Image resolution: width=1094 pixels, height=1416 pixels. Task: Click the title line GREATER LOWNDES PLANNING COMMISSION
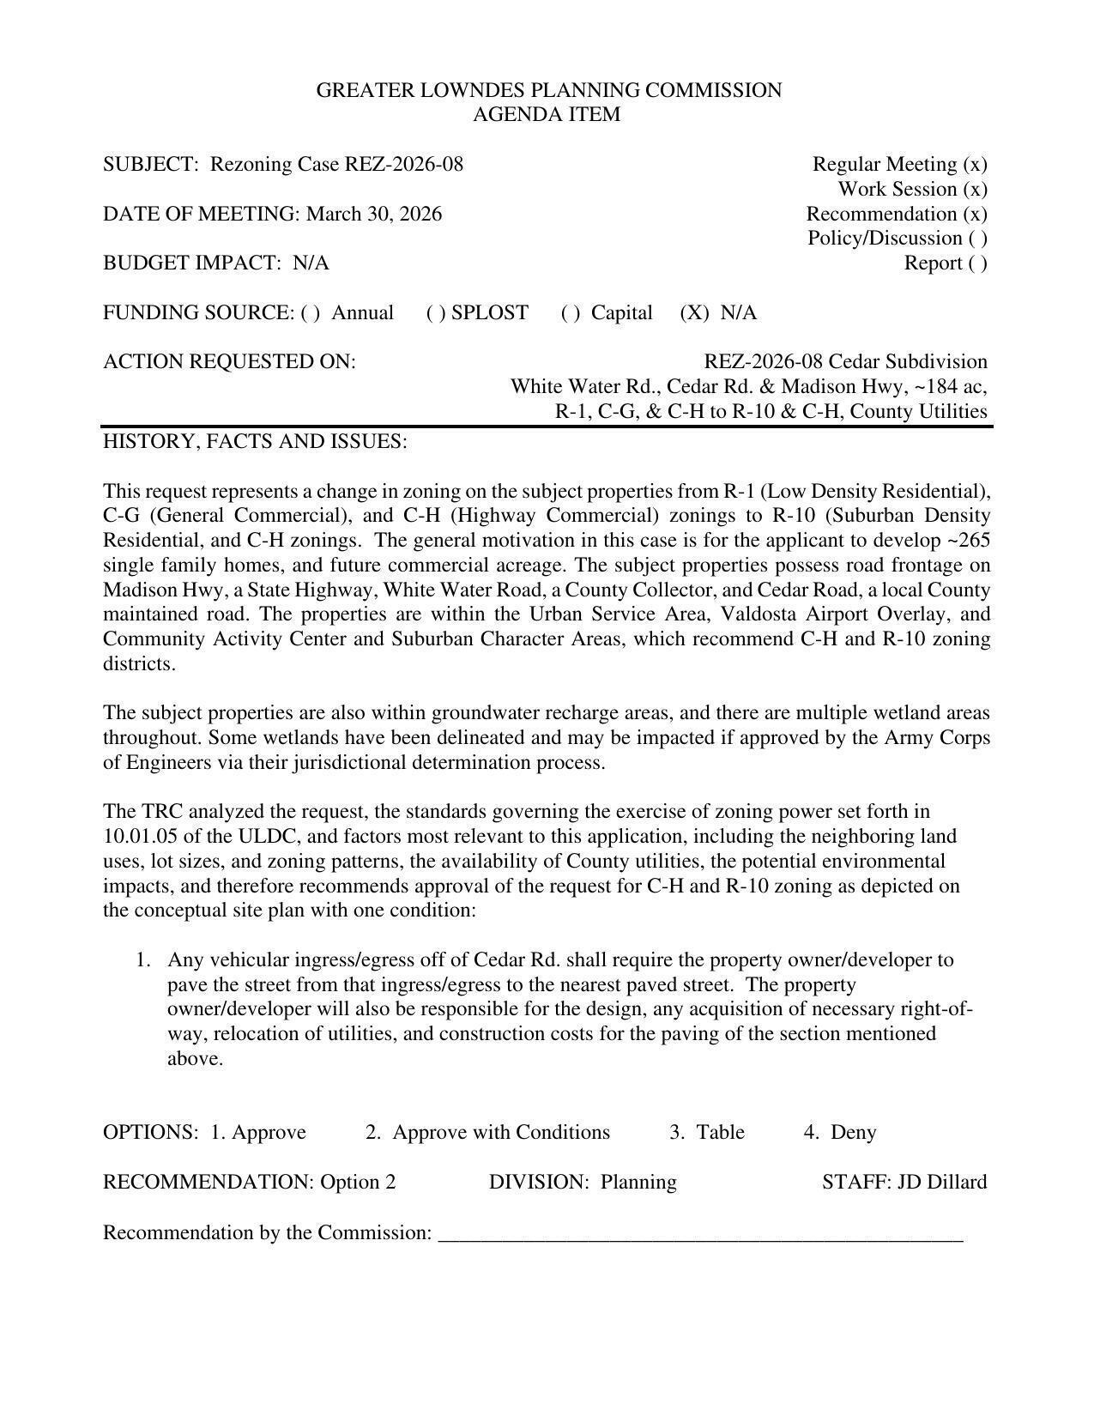pyautogui.click(x=548, y=90)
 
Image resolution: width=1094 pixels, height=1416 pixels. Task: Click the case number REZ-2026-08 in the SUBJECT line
pyautogui.click(x=403, y=164)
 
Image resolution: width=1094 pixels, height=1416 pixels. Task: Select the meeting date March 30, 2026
pyautogui.click(x=374, y=214)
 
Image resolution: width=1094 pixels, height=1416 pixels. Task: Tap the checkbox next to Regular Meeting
pyautogui.click(x=975, y=164)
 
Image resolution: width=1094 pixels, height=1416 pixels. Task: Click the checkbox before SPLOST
pyautogui.click(x=435, y=312)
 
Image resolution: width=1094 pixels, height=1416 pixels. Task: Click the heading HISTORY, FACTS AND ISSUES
pyautogui.click(x=255, y=441)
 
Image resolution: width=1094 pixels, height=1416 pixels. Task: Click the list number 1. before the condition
pyautogui.click(x=143, y=959)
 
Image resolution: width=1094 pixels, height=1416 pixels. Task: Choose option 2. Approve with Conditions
pyautogui.click(x=487, y=1132)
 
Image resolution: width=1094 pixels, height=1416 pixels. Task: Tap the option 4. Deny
pyautogui.click(x=840, y=1132)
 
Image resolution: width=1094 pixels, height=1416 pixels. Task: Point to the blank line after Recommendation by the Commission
pyautogui.click(x=700, y=1234)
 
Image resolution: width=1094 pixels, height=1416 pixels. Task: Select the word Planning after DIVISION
pyautogui.click(x=638, y=1182)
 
